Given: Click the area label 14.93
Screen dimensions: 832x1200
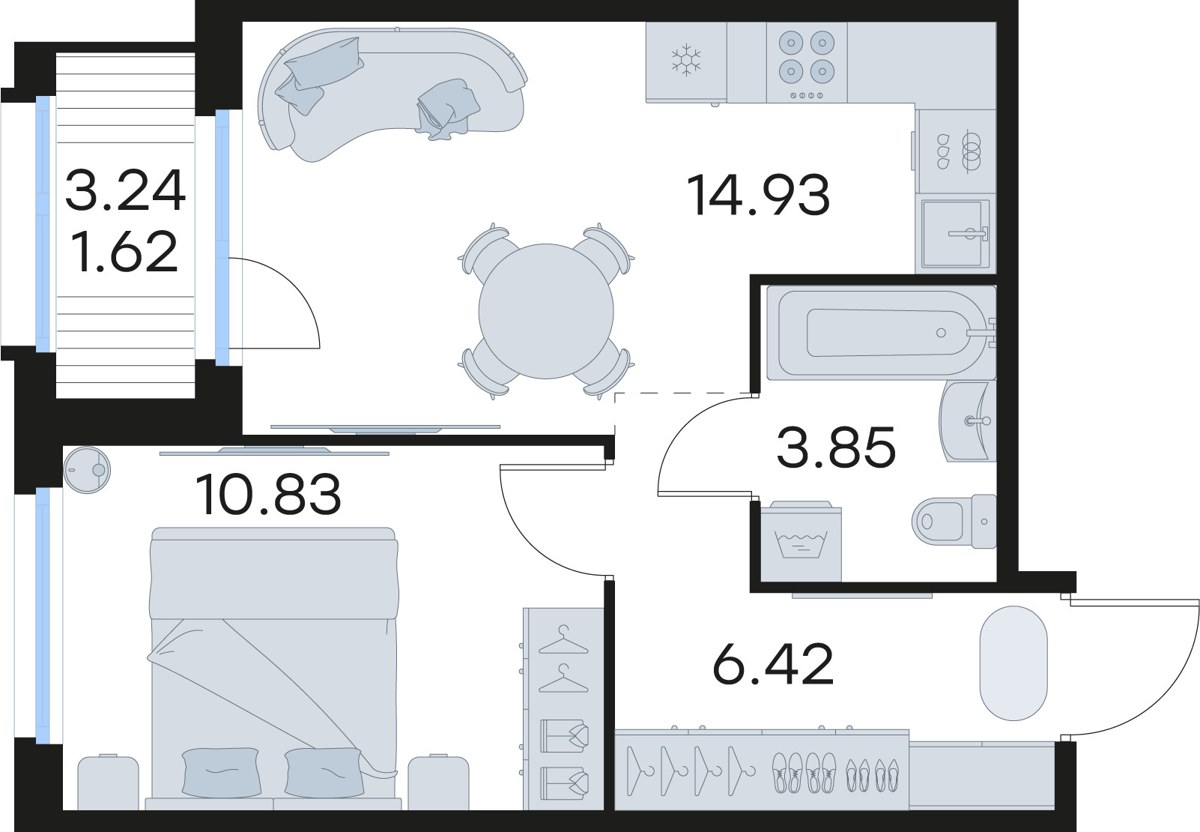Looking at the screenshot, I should pyautogui.click(x=757, y=195).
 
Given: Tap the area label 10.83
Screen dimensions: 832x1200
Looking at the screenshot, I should pyautogui.click(x=267, y=495).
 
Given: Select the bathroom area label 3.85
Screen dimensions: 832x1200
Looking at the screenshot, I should pyautogui.click(x=836, y=447).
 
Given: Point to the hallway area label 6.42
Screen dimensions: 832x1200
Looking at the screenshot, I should pyautogui.click(x=773, y=664).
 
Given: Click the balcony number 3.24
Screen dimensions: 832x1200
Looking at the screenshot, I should pyautogui.click(x=125, y=190).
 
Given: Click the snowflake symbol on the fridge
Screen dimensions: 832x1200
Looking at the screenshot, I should pyautogui.click(x=685, y=60).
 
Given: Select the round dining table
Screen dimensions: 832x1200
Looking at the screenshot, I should pyautogui.click(x=545, y=310).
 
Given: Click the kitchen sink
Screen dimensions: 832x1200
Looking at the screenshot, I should pyautogui.click(x=954, y=233).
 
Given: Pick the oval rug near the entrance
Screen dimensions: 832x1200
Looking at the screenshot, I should pyautogui.click(x=1013, y=663).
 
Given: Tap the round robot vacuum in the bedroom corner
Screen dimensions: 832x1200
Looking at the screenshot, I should pyautogui.click(x=86, y=469).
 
